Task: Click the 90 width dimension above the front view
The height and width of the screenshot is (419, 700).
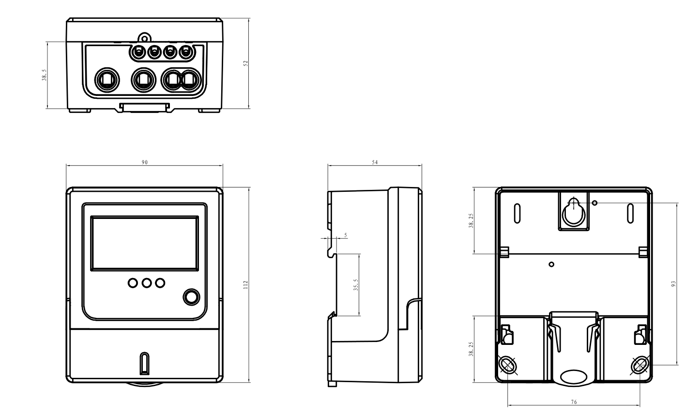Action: (x=144, y=162)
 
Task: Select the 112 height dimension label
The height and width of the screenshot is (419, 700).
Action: (x=245, y=284)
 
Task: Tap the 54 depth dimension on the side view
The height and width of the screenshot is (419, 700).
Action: (x=375, y=162)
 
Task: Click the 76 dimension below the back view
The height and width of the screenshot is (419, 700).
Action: (x=574, y=402)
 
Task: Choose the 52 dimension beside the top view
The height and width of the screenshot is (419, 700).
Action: (x=245, y=63)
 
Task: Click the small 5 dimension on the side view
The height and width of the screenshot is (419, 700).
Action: (x=345, y=235)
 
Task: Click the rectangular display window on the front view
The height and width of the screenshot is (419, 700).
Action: (x=144, y=243)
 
